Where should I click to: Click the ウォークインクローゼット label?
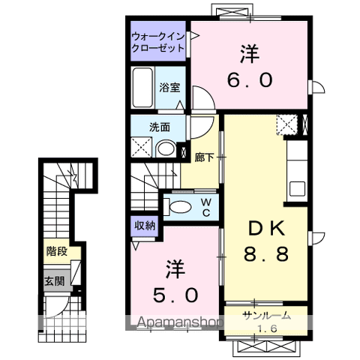click(x=158, y=42)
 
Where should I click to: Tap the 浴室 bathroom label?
click(x=169, y=88)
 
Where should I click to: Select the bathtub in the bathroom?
click(x=142, y=88)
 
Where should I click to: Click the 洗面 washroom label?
click(x=160, y=127)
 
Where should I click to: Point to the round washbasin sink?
click(x=166, y=148)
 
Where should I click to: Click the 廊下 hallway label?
click(x=204, y=157)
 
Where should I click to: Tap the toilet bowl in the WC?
click(x=180, y=207)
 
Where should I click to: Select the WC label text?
click(x=206, y=207)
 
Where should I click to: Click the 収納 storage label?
click(x=145, y=226)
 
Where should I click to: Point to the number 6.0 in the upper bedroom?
click(x=250, y=80)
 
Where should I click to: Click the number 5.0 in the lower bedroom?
click(x=175, y=295)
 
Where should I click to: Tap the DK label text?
click(x=266, y=228)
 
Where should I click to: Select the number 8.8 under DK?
click(x=266, y=253)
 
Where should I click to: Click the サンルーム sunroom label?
click(x=267, y=316)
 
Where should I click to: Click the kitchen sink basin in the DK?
click(x=297, y=189)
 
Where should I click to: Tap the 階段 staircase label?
click(x=57, y=251)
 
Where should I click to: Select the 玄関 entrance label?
click(x=55, y=281)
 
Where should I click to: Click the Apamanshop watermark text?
click(x=180, y=322)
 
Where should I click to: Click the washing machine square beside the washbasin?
click(x=142, y=147)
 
